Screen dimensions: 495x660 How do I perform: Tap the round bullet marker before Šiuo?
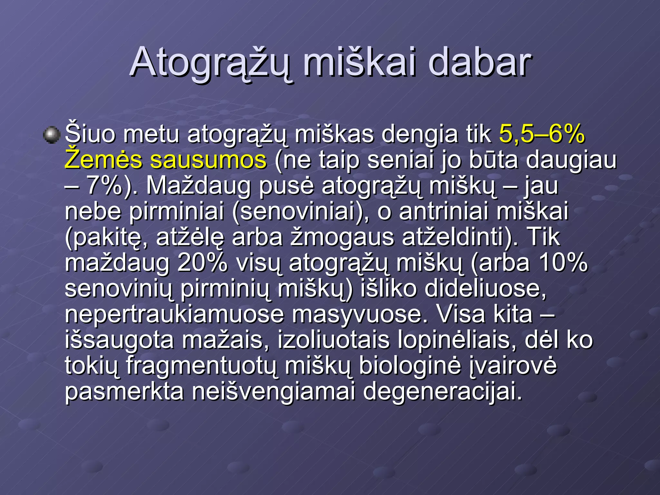52,135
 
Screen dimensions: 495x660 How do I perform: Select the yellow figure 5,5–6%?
542,134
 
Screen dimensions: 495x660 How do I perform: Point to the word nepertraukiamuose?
174,315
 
